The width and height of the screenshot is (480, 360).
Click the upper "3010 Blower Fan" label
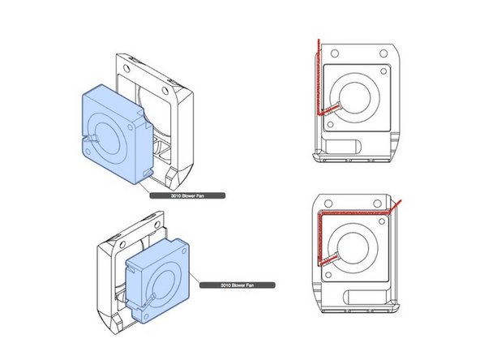point(186,195)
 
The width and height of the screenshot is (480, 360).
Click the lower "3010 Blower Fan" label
point(237,285)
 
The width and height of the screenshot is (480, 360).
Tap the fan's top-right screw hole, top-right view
point(386,70)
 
